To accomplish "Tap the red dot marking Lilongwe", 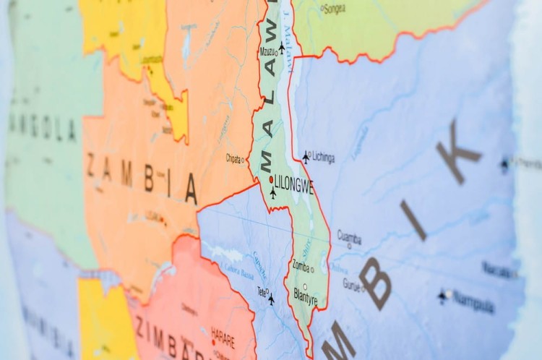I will coord(271,179).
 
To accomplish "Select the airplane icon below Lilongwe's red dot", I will coord(273,193).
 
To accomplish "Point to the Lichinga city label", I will coord(322,158).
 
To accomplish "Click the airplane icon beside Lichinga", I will coord(306,156).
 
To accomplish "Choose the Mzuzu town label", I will coord(267,52).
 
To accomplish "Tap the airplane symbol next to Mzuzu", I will coord(282,47).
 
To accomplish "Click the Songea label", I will coord(335,9).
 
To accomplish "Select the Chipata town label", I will coord(233,158).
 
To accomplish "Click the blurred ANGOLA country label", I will coord(42,128).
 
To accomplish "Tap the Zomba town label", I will coord(301,266).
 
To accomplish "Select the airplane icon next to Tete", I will coord(271,299).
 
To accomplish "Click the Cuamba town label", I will coord(349,236).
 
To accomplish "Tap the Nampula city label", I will coord(473,301).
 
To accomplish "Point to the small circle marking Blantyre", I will coord(304,286).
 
